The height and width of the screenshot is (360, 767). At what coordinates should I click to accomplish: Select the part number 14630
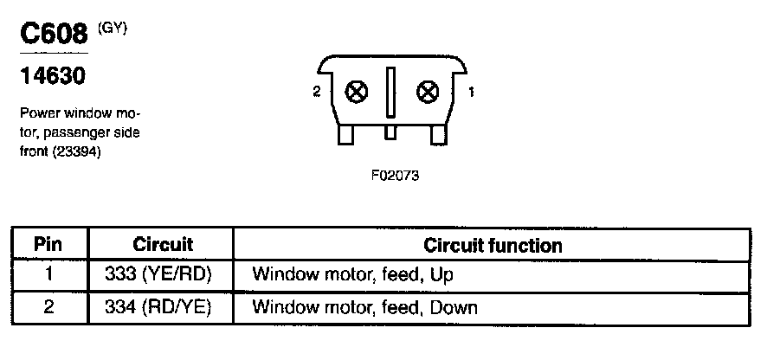pyautogui.click(x=52, y=78)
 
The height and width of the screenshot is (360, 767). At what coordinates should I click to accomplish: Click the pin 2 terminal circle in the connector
pyautogui.click(x=353, y=90)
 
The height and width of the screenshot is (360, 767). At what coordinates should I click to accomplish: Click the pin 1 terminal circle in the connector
pyautogui.click(x=426, y=90)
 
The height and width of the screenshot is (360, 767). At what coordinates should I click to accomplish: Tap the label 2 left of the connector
pyautogui.click(x=317, y=90)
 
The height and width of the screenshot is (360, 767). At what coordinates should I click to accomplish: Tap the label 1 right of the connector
pyautogui.click(x=471, y=90)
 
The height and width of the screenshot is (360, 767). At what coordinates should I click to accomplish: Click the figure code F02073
pyautogui.click(x=394, y=175)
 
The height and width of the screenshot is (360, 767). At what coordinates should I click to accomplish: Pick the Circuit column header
pyautogui.click(x=163, y=245)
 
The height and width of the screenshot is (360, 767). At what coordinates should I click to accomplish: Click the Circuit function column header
pyautogui.click(x=493, y=245)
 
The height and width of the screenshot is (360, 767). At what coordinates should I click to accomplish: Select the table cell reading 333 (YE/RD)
pyautogui.click(x=163, y=275)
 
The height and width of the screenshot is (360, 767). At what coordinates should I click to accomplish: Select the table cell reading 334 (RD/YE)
pyautogui.click(x=163, y=307)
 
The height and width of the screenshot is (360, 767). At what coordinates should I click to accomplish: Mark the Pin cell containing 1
pyautogui.click(x=48, y=275)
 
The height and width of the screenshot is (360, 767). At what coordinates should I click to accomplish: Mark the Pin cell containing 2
pyautogui.click(x=48, y=307)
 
